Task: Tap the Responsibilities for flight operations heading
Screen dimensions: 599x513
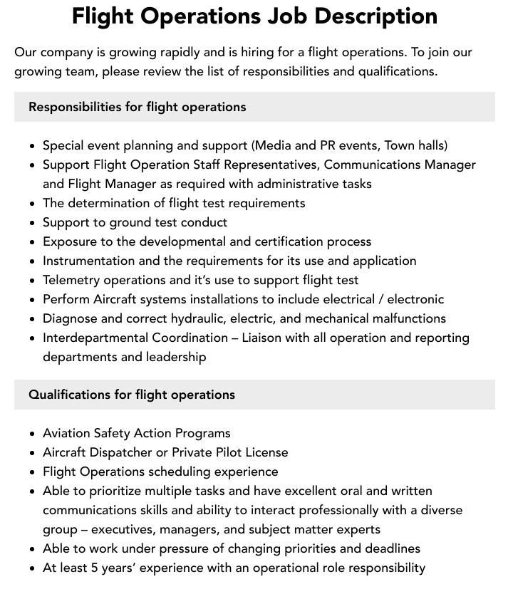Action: pos(137,107)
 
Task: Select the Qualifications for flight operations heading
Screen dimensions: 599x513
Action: pos(131,395)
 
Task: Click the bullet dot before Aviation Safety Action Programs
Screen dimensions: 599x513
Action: pos(32,434)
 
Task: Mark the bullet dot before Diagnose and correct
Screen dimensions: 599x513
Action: pos(32,319)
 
